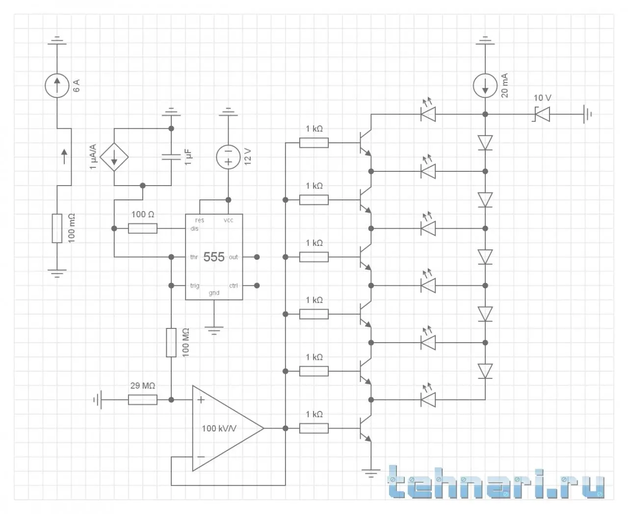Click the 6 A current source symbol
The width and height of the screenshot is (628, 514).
pos(57,86)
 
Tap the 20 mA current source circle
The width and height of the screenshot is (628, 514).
pos(485,86)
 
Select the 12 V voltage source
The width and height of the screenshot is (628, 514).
pos(228,157)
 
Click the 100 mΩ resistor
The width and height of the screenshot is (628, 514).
pos(57,228)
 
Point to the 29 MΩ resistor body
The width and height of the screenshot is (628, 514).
pos(143,400)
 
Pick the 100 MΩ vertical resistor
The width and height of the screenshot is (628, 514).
pos(171,343)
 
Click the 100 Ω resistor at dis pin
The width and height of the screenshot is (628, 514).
pos(143,228)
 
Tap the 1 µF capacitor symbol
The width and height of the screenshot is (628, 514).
pos(171,157)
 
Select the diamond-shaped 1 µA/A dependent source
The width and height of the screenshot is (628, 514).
pos(114,157)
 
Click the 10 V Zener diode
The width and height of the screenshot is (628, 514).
pos(542,114)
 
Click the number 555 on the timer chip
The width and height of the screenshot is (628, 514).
pos(214,257)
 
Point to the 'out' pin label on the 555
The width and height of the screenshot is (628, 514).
pos(234,257)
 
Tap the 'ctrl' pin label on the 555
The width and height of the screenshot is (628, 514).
pos(234,286)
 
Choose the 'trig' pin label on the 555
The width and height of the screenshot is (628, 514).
pos(195,286)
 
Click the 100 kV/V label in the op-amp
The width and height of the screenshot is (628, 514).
pos(219,429)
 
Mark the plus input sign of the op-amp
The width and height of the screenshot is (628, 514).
pos(201,400)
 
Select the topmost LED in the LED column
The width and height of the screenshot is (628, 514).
pos(428,114)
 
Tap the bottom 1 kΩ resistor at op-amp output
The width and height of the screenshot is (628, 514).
pos(314,429)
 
